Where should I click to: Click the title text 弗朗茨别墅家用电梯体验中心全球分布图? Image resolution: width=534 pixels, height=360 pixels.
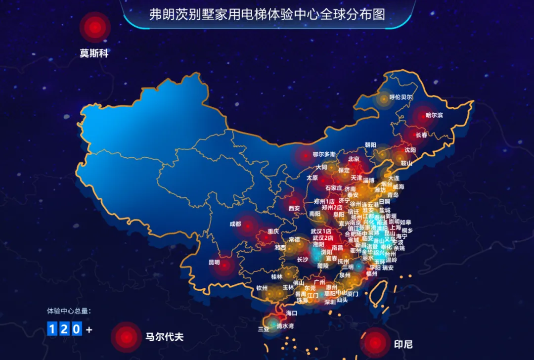tap(267, 14)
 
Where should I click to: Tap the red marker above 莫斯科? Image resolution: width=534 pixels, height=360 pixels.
tap(95, 27)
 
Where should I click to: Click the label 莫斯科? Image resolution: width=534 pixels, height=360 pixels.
tap(94, 53)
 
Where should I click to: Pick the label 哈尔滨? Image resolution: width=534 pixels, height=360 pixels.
tap(435, 115)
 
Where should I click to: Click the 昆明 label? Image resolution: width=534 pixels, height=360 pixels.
tap(214, 262)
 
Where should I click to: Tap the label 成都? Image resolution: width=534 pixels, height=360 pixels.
tap(235, 224)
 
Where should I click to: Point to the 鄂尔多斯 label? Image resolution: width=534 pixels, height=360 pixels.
tap(324, 154)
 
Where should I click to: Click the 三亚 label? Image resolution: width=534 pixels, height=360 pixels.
tap(264, 328)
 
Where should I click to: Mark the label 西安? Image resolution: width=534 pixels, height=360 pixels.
tap(294, 208)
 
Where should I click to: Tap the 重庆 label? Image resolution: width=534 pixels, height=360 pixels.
tap(273, 231)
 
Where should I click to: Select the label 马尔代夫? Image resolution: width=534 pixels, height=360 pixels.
tap(165, 337)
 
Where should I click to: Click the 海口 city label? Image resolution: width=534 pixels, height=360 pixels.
tap(292, 313)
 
